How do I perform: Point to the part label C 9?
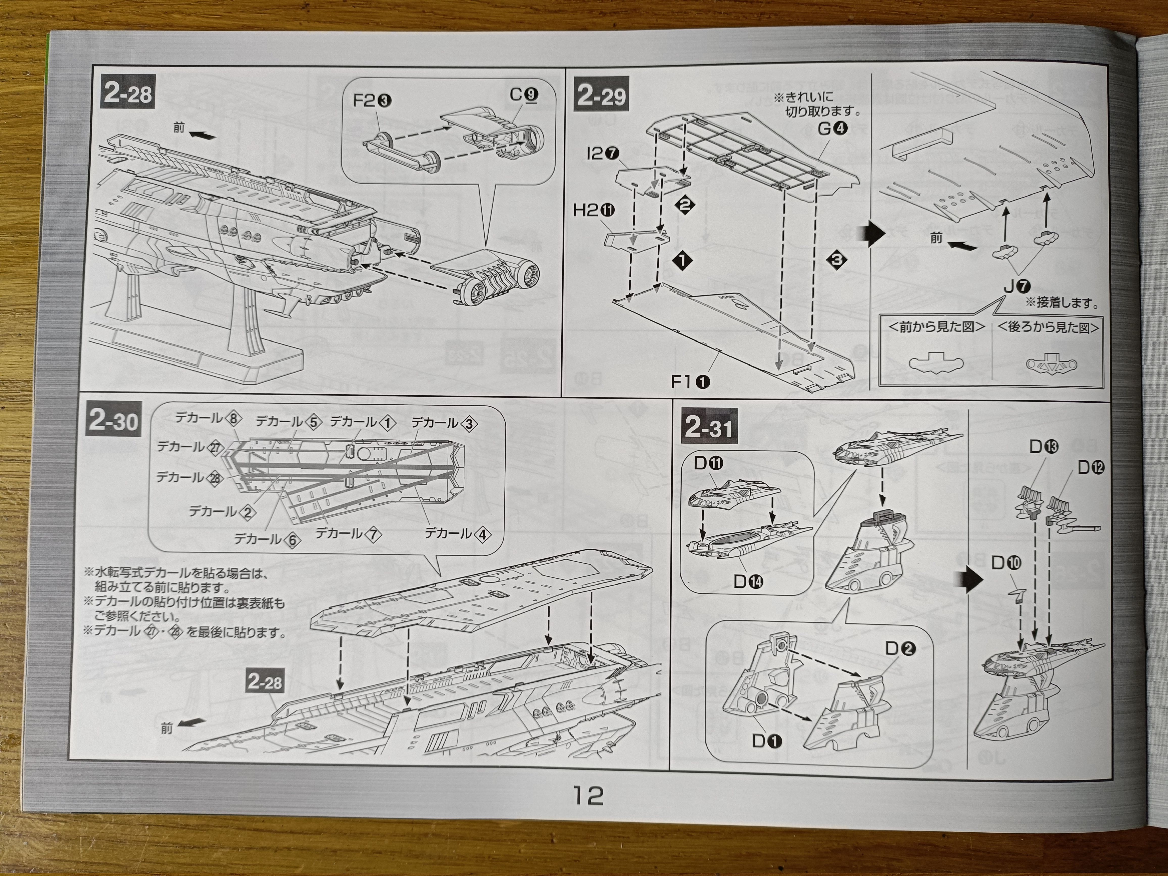click(x=523, y=95)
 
